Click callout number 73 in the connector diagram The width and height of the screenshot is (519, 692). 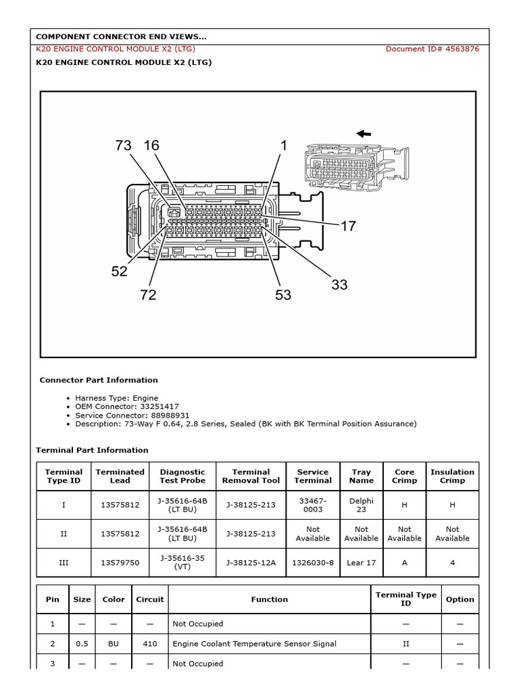(123, 145)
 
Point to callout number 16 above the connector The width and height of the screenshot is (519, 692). (151, 145)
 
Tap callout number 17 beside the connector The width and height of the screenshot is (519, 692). (348, 226)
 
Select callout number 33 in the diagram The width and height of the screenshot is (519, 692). (339, 285)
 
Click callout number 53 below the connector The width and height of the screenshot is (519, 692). (282, 295)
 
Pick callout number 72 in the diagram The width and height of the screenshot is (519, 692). (148, 295)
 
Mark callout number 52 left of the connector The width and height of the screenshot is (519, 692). (120, 272)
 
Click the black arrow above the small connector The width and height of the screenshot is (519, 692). (364, 134)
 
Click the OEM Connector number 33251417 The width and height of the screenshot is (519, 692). (159, 407)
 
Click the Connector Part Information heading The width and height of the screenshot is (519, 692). (99, 380)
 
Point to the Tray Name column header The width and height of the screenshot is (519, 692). (362, 476)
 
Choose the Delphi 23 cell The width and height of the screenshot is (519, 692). (362, 505)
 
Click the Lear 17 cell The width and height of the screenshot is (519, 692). (362, 562)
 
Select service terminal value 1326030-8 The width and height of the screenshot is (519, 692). (313, 562)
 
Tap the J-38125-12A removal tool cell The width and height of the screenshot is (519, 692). (251, 562)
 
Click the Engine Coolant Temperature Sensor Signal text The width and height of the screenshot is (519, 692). (254, 644)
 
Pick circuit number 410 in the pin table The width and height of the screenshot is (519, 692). (150, 644)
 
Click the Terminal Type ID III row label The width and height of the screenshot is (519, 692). (64, 562)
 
